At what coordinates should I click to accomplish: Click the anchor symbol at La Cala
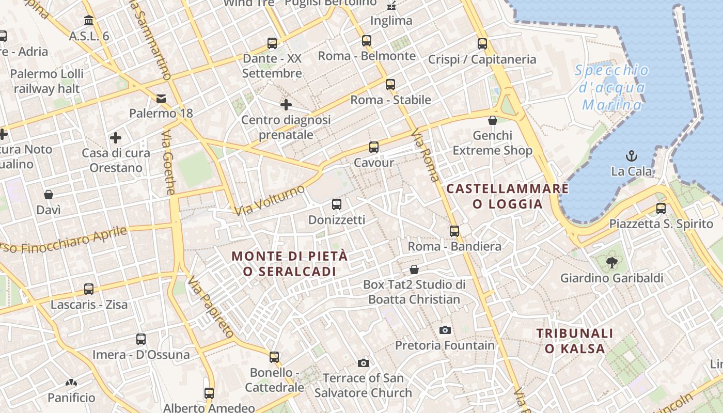tap(631, 155)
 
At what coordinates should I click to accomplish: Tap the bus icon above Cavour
tap(374, 147)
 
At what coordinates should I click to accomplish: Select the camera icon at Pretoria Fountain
tap(445, 330)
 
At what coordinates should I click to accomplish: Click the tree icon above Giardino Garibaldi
tap(612, 263)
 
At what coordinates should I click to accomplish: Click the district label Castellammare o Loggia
tap(508, 196)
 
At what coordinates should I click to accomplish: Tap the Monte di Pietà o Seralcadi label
tap(290, 263)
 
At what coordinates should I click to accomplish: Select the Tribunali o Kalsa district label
tap(575, 341)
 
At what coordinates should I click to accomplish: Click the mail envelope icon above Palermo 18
tap(161, 98)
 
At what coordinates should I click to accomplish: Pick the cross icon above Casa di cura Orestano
tap(116, 138)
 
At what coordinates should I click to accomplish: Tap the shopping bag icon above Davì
tap(49, 195)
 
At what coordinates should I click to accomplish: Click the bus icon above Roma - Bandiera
tap(454, 231)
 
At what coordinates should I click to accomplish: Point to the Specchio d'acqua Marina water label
tap(612, 88)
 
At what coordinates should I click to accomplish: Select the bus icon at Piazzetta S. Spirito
tap(661, 209)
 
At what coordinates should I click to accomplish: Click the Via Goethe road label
tap(169, 163)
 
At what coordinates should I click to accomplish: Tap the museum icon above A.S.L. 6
tap(89, 21)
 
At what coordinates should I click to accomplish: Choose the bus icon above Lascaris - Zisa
tap(89, 289)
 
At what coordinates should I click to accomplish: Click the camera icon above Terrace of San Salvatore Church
tap(364, 363)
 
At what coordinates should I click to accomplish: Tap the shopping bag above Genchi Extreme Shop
tap(493, 120)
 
